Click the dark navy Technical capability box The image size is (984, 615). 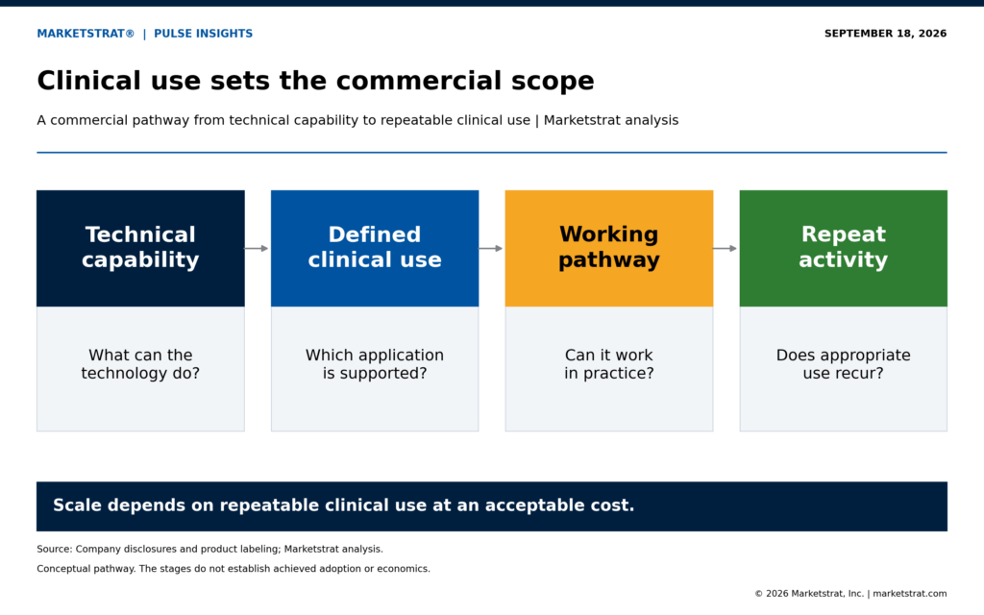[140, 249]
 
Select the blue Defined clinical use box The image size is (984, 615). [375, 249]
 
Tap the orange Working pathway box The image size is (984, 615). [608, 249]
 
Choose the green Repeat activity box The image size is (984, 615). [844, 249]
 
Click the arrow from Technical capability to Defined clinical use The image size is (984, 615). [257, 249]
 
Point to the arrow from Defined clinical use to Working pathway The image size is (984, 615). [491, 249]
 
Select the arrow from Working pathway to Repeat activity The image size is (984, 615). [725, 249]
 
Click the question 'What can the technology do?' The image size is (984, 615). [140, 364]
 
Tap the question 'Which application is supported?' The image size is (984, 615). [375, 364]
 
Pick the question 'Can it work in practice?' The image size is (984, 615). [608, 364]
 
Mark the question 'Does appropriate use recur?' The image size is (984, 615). [844, 364]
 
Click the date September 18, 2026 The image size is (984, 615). [885, 34]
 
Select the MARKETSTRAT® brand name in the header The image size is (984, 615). [86, 34]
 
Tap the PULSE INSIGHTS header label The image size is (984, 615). [204, 34]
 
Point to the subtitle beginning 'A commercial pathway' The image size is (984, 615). [357, 120]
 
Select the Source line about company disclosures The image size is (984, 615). [209, 549]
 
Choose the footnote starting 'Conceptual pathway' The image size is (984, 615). [234, 569]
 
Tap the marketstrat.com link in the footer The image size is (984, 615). [910, 593]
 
